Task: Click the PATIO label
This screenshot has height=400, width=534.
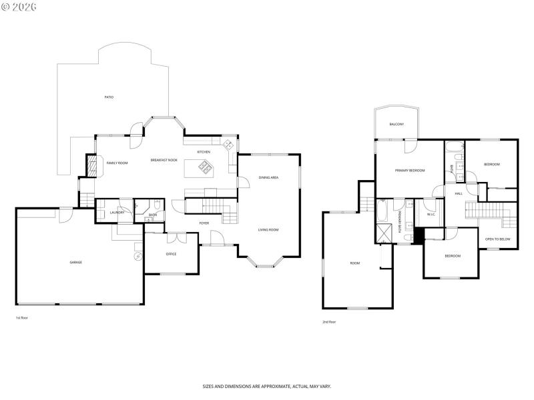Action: tap(109, 97)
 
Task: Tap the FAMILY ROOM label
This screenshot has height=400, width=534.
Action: tap(117, 163)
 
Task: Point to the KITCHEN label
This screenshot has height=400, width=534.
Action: tap(204, 152)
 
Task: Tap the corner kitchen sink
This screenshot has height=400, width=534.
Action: tap(228, 144)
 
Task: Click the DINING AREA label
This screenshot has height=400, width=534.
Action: tap(269, 177)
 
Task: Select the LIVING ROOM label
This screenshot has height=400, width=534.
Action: tap(269, 229)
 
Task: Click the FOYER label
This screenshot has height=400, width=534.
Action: tap(204, 223)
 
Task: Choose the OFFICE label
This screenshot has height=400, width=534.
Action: tap(171, 254)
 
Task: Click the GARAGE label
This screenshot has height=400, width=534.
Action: tap(76, 262)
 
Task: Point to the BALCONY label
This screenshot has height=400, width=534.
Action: tap(396, 124)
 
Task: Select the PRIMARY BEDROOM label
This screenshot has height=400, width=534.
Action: tap(410, 171)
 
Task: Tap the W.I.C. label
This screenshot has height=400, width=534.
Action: tap(431, 215)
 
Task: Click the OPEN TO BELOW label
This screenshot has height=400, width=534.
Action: tap(497, 238)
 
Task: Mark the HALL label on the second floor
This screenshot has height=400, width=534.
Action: tap(459, 193)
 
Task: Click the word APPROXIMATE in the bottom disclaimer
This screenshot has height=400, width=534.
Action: tap(274, 386)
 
